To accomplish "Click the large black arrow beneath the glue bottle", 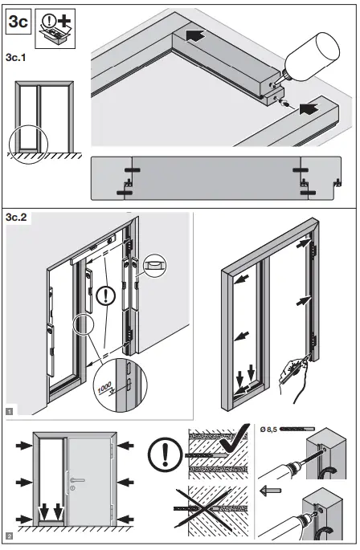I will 309,105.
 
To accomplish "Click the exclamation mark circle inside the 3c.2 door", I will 104,296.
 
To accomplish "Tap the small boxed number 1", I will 8,410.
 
